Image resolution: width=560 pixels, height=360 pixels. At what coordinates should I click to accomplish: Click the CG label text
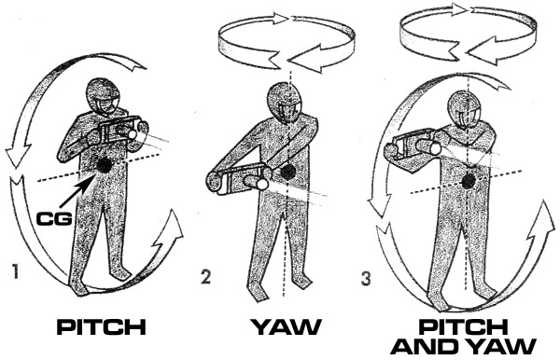pyautogui.click(x=54, y=218)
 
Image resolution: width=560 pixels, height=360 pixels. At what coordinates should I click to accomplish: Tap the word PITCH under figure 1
pyautogui.click(x=102, y=326)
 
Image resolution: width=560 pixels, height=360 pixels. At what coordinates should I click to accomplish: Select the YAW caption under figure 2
pyautogui.click(x=286, y=326)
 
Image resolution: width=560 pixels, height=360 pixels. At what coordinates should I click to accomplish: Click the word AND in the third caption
pyautogui.click(x=417, y=346)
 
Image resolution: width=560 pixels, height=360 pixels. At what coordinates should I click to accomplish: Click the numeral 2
pyautogui.click(x=205, y=277)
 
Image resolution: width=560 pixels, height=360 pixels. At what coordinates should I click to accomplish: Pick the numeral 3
pyautogui.click(x=366, y=279)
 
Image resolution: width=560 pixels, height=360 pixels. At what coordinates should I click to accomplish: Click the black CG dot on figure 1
pyautogui.click(x=105, y=165)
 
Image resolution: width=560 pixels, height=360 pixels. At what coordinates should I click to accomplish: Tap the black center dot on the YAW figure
pyautogui.click(x=287, y=172)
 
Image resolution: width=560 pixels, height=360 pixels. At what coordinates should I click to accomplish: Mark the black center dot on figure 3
pyautogui.click(x=468, y=182)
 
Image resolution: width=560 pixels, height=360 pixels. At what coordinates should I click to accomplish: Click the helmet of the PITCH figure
pyautogui.click(x=103, y=96)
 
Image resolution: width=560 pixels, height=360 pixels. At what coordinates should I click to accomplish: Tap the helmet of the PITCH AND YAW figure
pyautogui.click(x=464, y=109)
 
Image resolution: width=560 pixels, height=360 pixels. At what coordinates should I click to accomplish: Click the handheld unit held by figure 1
pyautogui.click(x=118, y=131)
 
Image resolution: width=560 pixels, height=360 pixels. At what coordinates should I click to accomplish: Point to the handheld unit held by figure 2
pyautogui.click(x=238, y=179)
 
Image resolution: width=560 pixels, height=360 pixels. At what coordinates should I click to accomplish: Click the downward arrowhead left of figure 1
pyautogui.click(x=18, y=153)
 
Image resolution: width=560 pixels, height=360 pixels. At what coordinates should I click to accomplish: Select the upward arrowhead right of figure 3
pyautogui.click(x=541, y=222)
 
